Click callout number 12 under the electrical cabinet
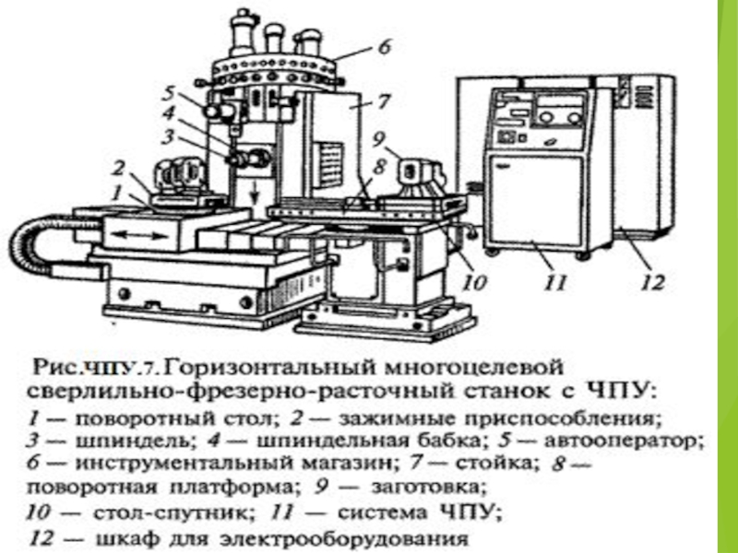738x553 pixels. pos(651,283)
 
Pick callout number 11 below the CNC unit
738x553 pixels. pos(554,283)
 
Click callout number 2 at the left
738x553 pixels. pos(118,167)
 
